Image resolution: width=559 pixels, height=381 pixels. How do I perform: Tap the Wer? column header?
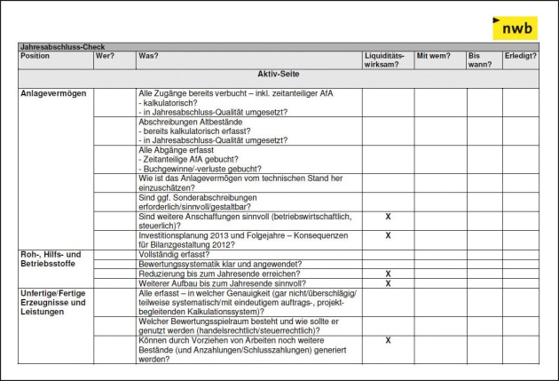[x=105, y=56]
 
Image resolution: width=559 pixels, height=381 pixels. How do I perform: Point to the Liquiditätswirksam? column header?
[x=388, y=60]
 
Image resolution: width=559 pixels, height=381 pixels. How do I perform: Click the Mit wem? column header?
[x=432, y=56]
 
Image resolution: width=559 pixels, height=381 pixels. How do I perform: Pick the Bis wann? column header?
[x=480, y=60]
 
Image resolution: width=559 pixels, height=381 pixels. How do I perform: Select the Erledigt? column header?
[x=521, y=56]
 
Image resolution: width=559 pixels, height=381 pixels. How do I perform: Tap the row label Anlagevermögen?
[x=54, y=93]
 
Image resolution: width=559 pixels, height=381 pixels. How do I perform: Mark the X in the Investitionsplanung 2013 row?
[x=388, y=235]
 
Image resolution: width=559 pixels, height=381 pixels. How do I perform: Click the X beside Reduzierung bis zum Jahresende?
[x=388, y=274]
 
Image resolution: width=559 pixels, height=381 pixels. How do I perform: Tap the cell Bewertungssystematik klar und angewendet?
[x=220, y=264]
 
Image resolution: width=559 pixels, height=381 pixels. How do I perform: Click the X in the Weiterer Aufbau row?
[x=388, y=283]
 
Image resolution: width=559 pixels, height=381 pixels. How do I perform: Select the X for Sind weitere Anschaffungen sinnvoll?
[x=388, y=216]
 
